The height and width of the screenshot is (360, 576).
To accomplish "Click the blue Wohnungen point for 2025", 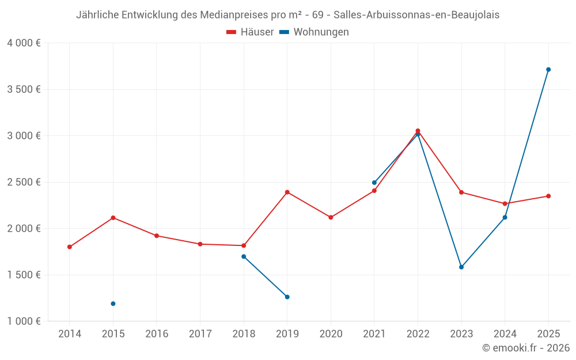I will tap(548, 70).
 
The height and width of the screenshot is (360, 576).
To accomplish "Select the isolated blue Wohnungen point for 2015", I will tap(113, 304).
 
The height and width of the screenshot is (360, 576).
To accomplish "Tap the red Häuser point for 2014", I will tap(70, 247).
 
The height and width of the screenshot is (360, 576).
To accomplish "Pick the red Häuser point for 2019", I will tap(287, 192).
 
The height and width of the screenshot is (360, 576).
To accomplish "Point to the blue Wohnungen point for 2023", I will tap(461, 267).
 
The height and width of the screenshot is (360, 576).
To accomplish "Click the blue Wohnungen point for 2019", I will tap(287, 297).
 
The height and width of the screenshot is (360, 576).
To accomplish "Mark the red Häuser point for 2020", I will tap(331, 218).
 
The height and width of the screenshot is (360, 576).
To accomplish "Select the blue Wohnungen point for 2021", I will tap(374, 183).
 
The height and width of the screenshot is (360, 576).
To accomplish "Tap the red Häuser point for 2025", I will tap(548, 196).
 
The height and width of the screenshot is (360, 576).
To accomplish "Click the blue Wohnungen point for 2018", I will tap(244, 256).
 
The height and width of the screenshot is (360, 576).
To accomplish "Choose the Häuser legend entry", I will tap(250, 32).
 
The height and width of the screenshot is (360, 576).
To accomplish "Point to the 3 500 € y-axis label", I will tap(24, 89).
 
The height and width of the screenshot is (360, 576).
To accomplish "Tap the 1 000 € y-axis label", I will tap(24, 321).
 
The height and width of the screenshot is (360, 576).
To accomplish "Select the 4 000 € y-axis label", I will tap(24, 43).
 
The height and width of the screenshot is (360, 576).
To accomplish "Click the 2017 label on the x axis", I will tap(200, 334).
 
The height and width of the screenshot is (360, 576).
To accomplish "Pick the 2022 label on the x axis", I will tap(418, 334).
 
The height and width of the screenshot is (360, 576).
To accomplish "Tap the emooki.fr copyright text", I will tap(525, 348).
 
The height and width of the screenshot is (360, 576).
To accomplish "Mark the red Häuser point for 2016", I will tap(157, 236).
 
